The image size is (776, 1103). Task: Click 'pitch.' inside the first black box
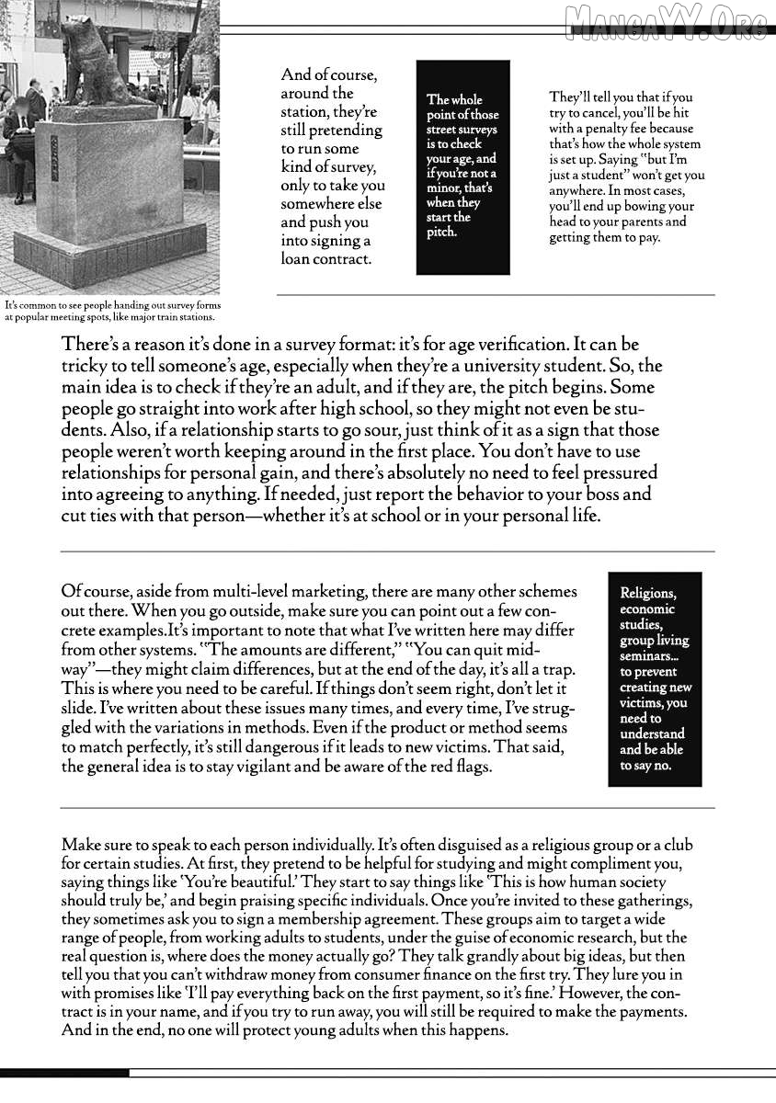(x=441, y=233)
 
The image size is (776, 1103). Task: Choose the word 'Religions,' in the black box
(x=648, y=594)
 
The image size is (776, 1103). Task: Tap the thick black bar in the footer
(x=64, y=1073)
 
